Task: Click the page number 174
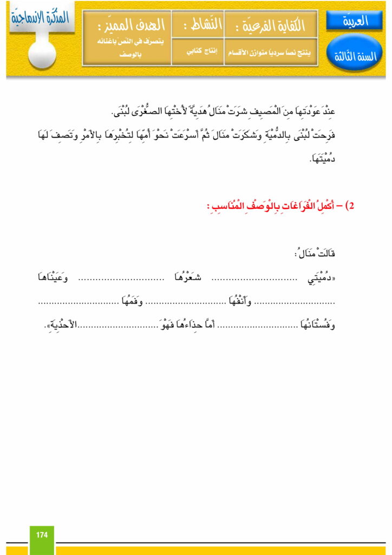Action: click(42, 535)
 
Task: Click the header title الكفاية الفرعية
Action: click(271, 24)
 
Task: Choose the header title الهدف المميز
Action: click(126, 24)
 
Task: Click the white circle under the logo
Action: click(42, 54)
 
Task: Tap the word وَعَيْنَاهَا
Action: click(53, 279)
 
